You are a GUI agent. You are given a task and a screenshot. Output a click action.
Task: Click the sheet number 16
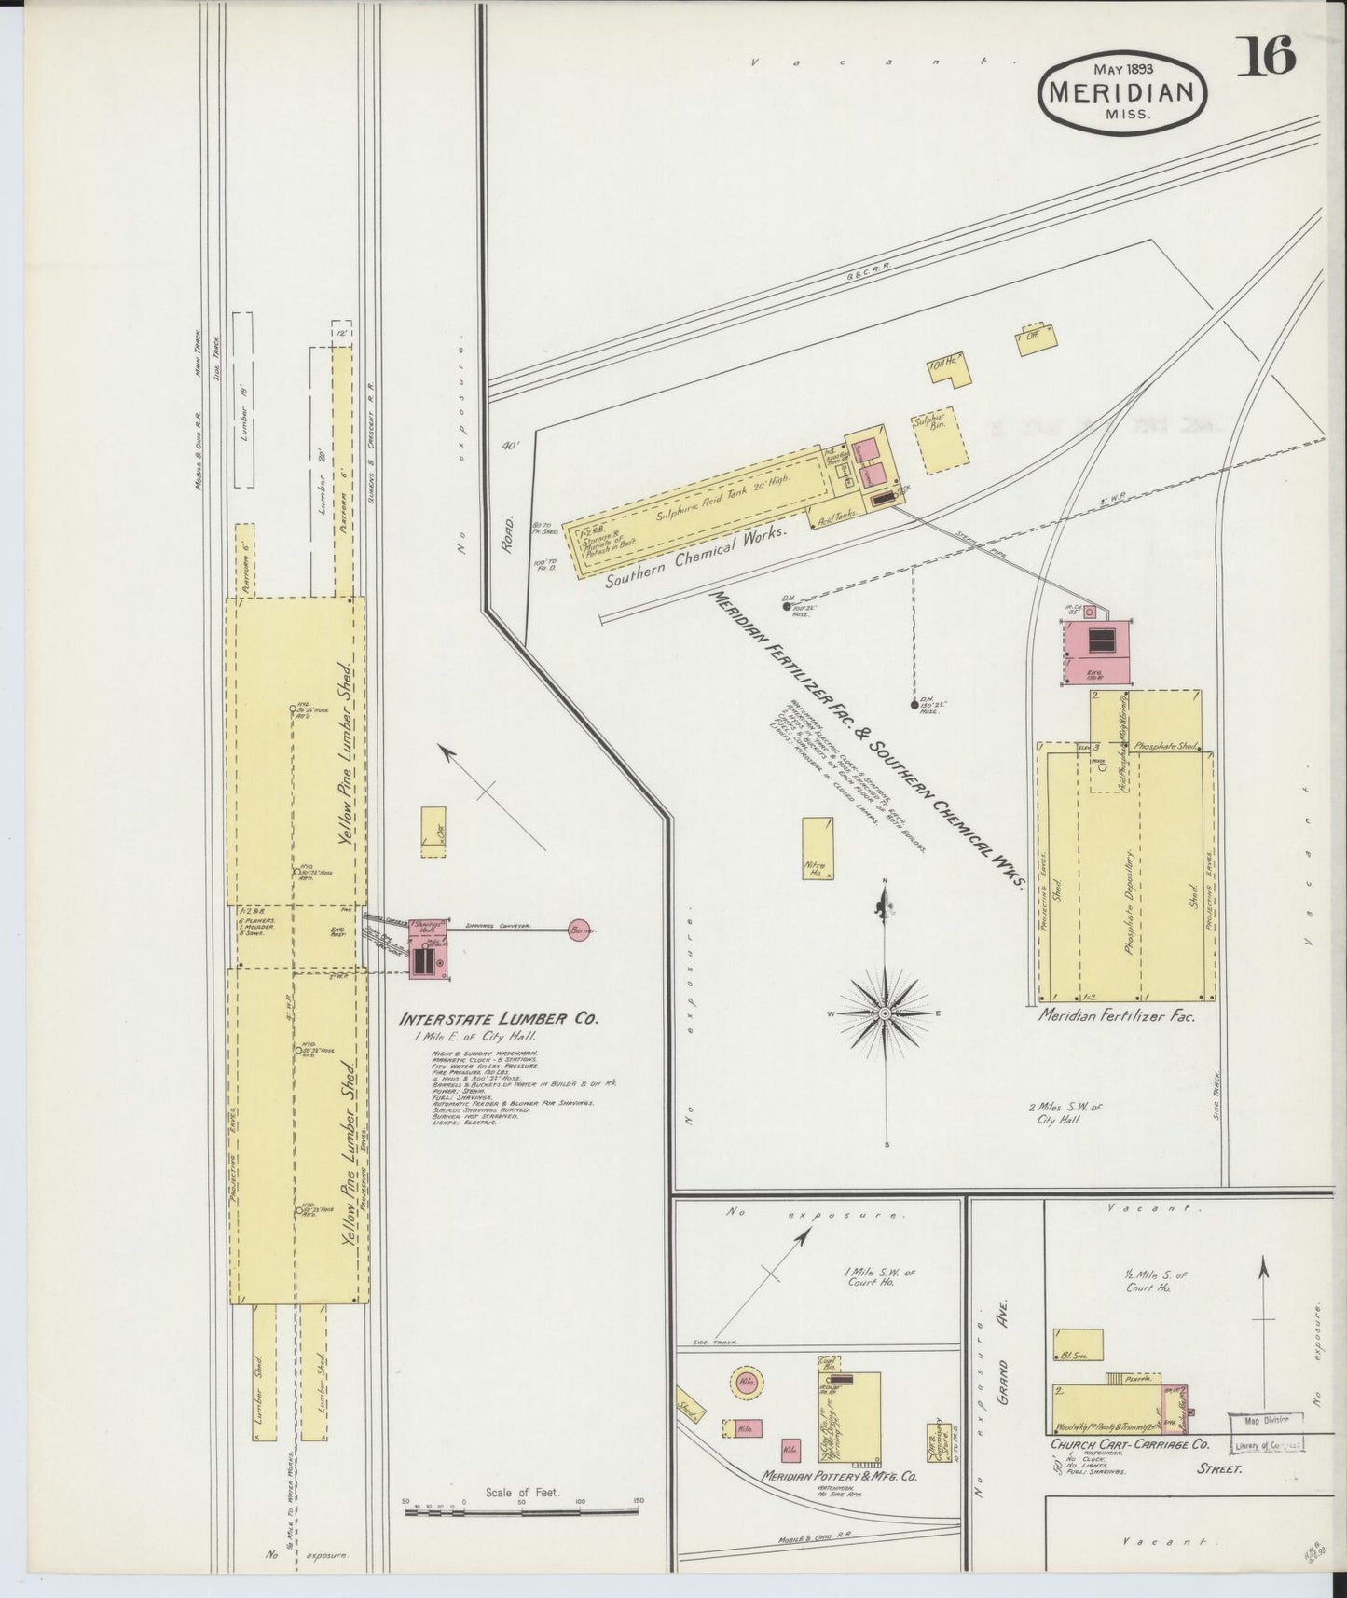coord(1268,59)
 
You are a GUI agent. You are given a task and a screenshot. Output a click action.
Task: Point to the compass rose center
coord(883,1012)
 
